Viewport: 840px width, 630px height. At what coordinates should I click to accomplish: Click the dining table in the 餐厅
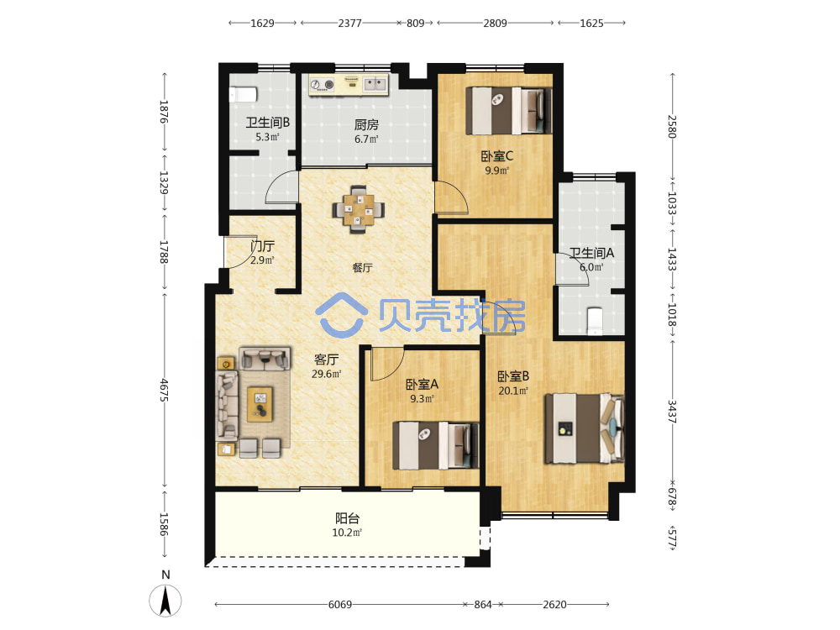point(359,209)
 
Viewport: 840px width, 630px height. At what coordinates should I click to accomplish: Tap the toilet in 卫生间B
point(244,94)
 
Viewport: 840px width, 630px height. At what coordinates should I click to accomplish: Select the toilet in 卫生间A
point(595,321)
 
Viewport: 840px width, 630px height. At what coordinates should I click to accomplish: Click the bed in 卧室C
point(508,110)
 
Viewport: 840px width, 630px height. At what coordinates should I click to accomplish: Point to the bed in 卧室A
point(436,445)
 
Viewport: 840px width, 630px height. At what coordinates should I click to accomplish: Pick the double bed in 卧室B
point(585,428)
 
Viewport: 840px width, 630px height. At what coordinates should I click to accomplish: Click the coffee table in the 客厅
point(260,404)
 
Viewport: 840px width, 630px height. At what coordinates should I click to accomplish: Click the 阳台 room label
point(347,518)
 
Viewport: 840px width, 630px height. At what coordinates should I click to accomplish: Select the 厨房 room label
point(366,125)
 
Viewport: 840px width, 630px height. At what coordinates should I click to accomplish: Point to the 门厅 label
point(262,246)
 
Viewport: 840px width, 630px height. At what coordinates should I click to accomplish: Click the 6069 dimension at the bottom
point(340,605)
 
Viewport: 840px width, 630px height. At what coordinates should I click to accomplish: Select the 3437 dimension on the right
point(672,412)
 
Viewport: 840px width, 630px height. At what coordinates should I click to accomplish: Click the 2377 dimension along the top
point(349,23)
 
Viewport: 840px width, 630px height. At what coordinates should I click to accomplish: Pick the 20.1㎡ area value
point(513,391)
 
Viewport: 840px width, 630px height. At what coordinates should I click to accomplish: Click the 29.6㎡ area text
point(326,374)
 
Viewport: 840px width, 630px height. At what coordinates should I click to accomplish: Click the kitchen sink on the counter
point(375,83)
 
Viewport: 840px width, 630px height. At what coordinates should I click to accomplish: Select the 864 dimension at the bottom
point(483,605)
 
